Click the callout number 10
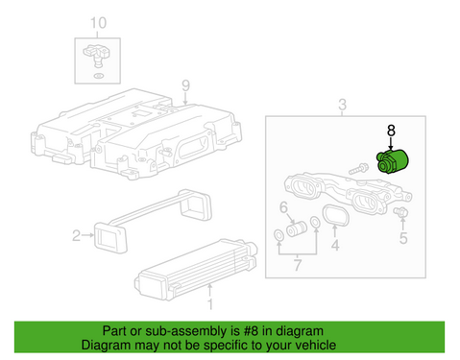point(93,22)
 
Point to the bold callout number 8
point(390,130)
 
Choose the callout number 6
point(283,206)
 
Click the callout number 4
point(335,247)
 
